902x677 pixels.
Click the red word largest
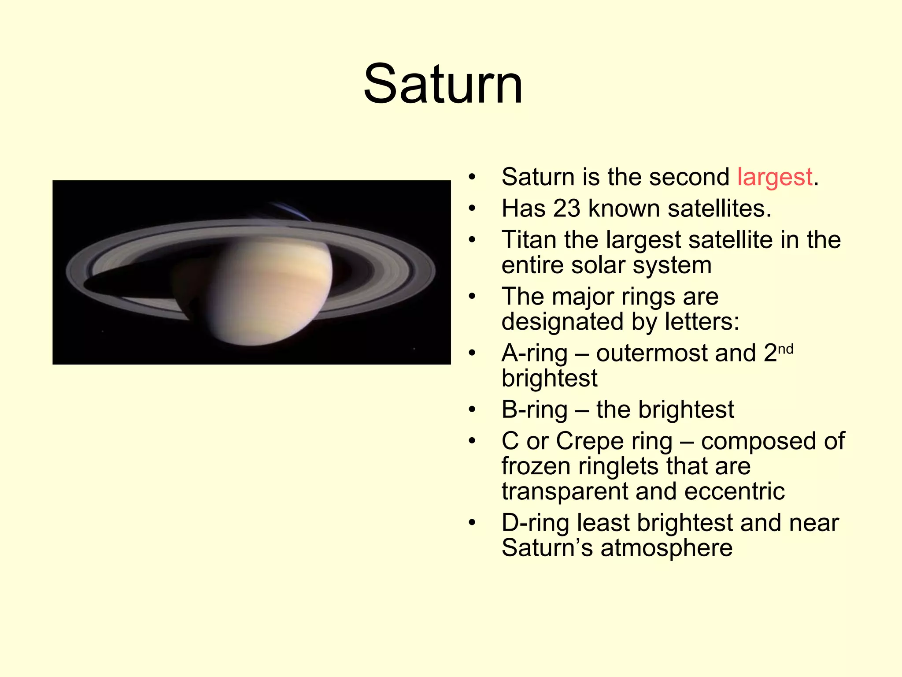pos(775,177)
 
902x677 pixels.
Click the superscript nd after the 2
pos(785,349)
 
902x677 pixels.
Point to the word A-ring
pos(534,353)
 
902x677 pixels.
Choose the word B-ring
pos(534,410)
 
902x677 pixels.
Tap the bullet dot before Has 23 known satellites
pos(472,208)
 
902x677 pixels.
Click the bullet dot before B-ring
pos(472,410)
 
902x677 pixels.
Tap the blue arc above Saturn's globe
pos(291,211)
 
